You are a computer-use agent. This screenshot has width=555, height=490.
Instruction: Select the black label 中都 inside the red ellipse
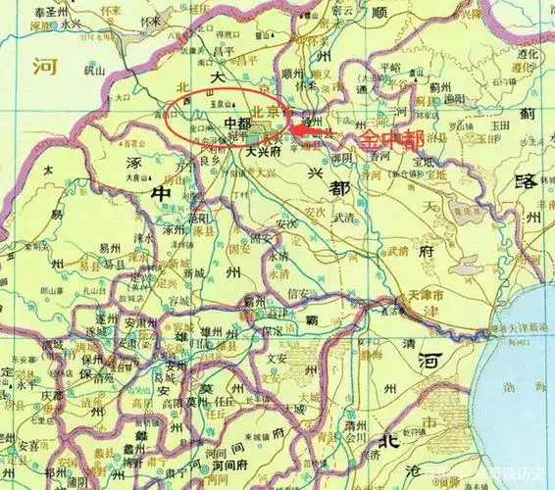238,124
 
